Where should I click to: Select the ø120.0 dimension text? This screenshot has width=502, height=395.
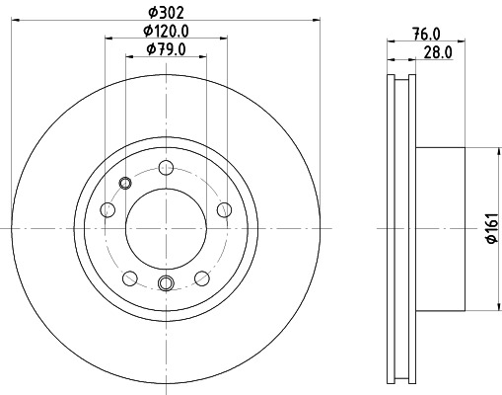coord(166,32)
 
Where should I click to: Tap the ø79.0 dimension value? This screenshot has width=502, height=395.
coord(166,49)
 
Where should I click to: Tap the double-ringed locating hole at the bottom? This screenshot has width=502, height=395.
coord(166,284)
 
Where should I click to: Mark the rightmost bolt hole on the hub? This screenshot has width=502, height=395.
coord(225,208)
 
